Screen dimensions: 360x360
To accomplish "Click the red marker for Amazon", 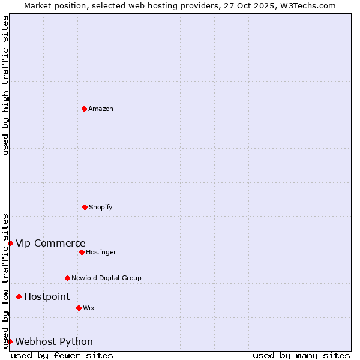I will tap(84, 109).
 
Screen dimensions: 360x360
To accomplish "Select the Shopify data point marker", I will tap(85, 207).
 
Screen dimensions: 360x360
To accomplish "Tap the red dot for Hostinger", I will tap(82, 252).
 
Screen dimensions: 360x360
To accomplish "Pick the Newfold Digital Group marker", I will tap(67, 278).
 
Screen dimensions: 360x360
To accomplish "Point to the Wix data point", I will tap(79, 308).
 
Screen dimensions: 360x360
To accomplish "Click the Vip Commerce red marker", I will tap(10, 243).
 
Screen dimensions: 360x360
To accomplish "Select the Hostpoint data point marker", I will tap(19, 296).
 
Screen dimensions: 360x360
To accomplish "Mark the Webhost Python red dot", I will tap(10, 341).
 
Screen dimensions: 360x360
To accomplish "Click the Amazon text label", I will tap(101, 109).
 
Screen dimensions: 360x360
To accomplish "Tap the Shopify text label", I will tap(101, 207).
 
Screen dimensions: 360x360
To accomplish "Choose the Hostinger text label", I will tap(101, 252).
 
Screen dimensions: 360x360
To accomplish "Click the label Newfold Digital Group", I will tap(106, 278).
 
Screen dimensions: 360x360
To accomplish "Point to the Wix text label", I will tap(89, 308).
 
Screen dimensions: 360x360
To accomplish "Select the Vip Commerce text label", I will tap(50, 243).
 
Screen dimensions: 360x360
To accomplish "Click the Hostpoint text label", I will tap(47, 296).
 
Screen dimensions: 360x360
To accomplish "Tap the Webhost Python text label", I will tap(54, 341).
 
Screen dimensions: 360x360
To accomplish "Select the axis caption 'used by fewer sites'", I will tap(62, 355).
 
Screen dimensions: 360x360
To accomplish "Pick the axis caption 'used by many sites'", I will tap(301, 355).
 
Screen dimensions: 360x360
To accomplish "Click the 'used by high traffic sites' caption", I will tap(5, 85).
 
